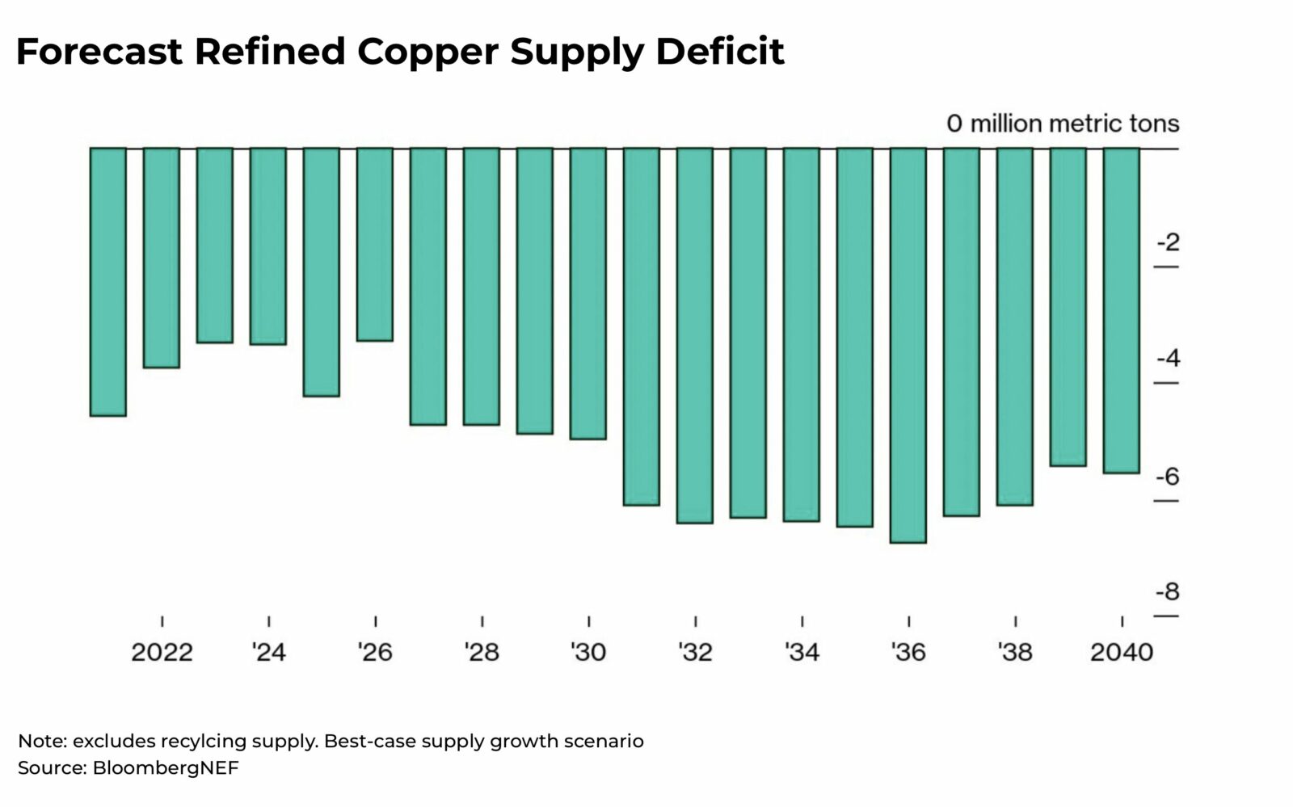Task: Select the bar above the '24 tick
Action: pos(268,246)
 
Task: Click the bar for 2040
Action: pos(1122,310)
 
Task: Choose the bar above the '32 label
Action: pos(695,335)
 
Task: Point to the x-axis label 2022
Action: pos(162,652)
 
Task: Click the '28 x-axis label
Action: pos(482,652)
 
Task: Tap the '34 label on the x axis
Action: pos(802,652)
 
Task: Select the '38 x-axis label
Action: pos(1015,652)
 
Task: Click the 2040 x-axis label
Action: pos(1122,652)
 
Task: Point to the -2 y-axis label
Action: pos(1168,242)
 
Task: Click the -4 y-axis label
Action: pos(1168,358)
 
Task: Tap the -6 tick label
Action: pos(1168,476)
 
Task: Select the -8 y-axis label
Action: pos(1168,591)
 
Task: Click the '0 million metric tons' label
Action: pos(1063,124)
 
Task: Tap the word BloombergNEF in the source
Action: pos(166,767)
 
